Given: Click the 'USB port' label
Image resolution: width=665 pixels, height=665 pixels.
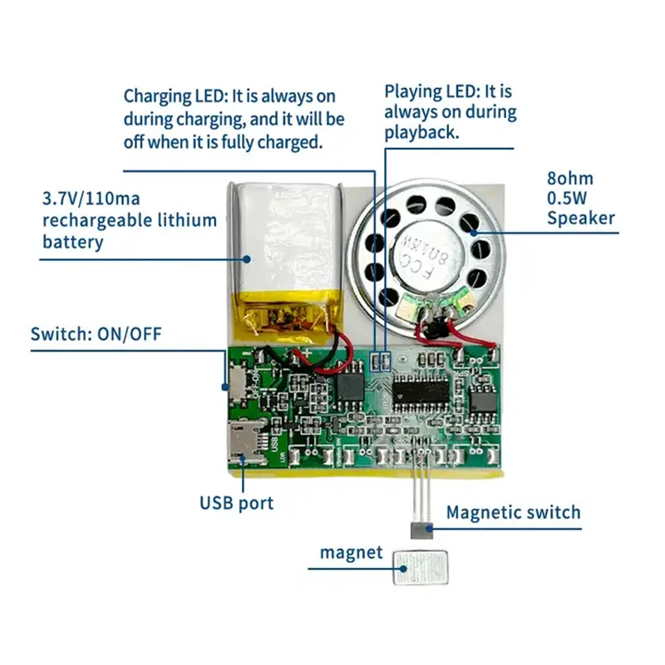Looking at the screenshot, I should tap(236, 502).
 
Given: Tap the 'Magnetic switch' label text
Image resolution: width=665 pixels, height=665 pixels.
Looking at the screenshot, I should tap(513, 511).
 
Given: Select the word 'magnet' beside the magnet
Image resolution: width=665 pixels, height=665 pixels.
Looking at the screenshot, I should tap(352, 553).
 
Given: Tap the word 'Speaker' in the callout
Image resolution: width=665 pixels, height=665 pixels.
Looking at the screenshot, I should tap(580, 218).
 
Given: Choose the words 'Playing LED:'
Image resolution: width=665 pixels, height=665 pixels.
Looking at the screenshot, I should tap(431, 91).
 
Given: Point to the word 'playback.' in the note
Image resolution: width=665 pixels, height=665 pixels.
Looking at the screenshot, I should tap(421, 132).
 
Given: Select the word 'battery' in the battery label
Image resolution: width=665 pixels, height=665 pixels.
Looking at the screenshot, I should tap(73, 242).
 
